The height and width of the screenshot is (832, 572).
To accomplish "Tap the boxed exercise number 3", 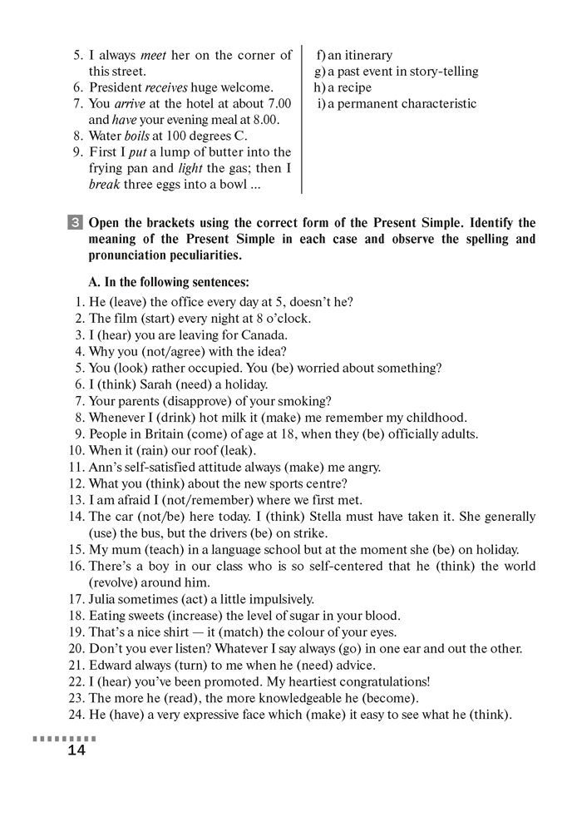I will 76,223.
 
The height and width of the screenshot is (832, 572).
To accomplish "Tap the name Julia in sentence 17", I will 104,598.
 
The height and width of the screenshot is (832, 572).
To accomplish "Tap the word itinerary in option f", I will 369,55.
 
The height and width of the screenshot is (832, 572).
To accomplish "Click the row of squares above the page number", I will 64,738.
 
